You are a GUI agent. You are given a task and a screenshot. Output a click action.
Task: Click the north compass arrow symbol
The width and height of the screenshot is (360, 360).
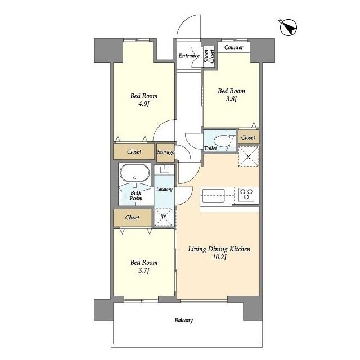(289, 27)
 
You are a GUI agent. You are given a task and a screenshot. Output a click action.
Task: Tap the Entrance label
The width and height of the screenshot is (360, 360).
(189, 56)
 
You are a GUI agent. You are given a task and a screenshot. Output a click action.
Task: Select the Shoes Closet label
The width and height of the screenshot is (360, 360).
(209, 56)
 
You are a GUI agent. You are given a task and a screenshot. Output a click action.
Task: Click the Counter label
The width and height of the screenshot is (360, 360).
(234, 47)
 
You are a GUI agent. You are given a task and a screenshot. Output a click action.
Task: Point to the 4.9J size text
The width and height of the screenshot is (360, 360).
(144, 104)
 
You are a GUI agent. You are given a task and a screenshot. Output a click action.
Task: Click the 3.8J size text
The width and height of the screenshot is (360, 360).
(231, 99)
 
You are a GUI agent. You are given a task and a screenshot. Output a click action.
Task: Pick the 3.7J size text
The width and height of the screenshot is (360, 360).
(144, 271)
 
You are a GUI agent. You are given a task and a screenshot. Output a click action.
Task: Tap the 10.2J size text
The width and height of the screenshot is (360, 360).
(219, 257)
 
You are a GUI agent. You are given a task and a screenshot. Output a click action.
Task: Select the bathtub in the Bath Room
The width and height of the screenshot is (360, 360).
(135, 173)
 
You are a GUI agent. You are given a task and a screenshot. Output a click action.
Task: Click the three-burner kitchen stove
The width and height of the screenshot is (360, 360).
(246, 195)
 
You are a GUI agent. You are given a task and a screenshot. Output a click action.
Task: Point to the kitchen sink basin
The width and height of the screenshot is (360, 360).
(213, 196)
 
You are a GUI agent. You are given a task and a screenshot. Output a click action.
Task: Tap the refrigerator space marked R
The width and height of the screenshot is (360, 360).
(249, 156)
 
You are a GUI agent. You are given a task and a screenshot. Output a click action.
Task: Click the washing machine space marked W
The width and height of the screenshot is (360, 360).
(164, 217)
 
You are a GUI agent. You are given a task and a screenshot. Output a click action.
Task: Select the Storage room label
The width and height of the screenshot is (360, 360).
(165, 152)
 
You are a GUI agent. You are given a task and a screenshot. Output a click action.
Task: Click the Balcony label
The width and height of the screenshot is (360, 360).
(184, 320)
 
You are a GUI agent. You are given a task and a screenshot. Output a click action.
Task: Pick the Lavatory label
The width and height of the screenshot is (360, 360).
(164, 190)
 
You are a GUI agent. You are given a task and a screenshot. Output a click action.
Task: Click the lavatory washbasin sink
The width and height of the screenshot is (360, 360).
(165, 169)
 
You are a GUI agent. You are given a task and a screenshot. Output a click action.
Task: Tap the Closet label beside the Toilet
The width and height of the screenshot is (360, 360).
(248, 137)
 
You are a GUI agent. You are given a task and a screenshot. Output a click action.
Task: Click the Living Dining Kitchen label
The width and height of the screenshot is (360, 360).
(219, 249)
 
